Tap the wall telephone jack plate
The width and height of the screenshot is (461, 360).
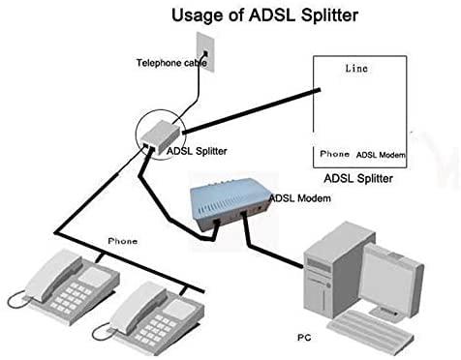(205, 49)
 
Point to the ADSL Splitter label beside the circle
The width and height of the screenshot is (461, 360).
(198, 151)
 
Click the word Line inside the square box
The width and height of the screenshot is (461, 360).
(356, 70)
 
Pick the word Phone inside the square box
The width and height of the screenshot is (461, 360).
(334, 154)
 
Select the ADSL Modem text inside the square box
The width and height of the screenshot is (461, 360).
(380, 155)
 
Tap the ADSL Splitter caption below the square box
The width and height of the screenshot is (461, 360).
(357, 178)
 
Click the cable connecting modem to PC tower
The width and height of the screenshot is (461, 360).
(281, 250)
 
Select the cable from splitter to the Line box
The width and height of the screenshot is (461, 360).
(252, 111)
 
